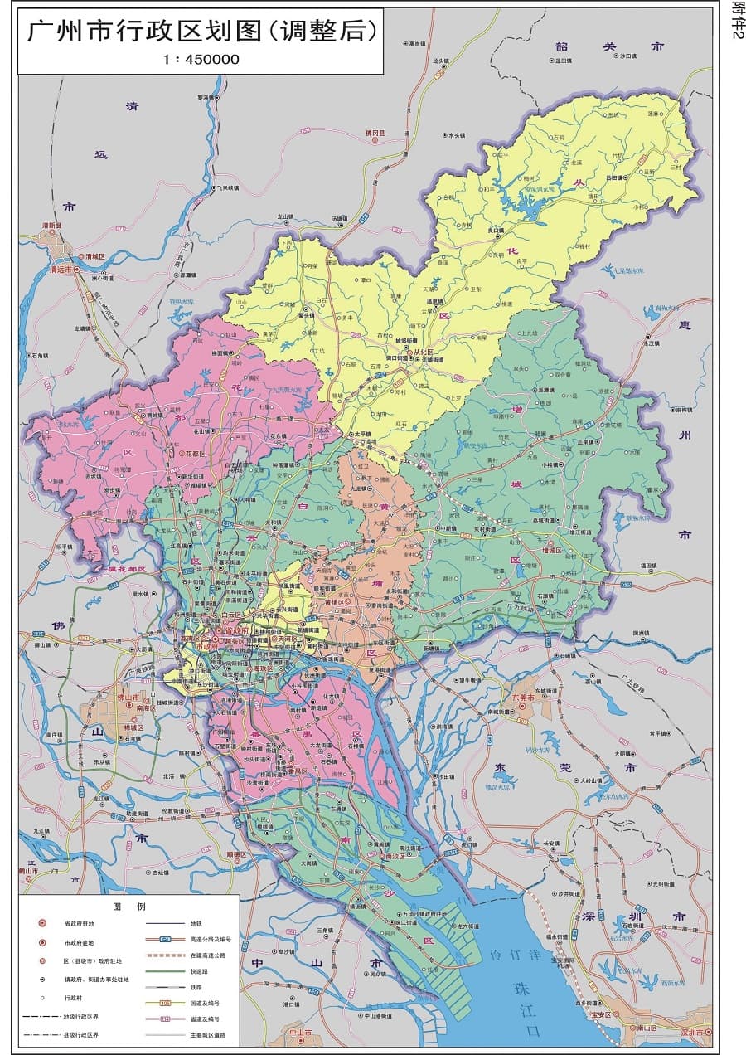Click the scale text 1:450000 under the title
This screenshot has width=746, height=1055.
click(201, 59)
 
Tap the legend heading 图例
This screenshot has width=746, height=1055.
click(128, 907)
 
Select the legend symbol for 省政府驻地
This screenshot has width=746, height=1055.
click(41, 923)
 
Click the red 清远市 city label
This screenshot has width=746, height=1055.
click(62, 270)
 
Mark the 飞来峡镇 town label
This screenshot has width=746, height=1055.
click(226, 187)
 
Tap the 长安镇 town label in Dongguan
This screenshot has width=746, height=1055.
click(551, 843)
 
